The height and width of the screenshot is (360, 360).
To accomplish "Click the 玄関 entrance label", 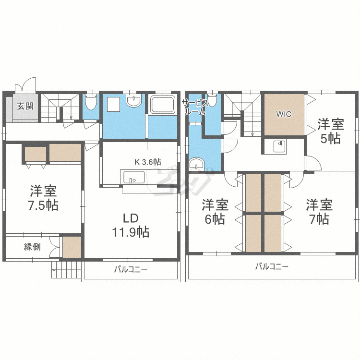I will (x=25, y=107).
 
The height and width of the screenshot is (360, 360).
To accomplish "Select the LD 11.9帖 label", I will (x=130, y=226).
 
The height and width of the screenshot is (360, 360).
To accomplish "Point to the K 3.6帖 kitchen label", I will (x=147, y=162).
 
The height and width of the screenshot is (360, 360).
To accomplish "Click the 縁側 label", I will (x=32, y=247).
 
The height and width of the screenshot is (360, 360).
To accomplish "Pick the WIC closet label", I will (x=283, y=114).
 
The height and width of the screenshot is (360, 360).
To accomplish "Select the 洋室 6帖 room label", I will (x=215, y=212).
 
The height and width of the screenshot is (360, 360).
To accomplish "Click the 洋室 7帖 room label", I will (x=320, y=212).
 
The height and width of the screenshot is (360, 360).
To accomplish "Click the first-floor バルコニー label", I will (x=131, y=270).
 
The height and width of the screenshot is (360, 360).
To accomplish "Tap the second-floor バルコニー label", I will (x=272, y=266).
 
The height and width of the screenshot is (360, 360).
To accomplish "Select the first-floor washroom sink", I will (x=133, y=101).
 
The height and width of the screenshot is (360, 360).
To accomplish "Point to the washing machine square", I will (x=114, y=104).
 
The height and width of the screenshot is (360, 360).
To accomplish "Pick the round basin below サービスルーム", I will (x=196, y=164).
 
